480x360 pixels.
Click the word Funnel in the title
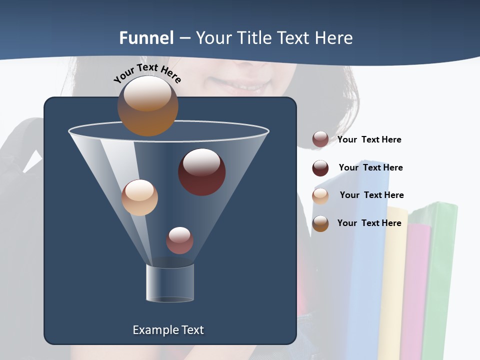point(146,38)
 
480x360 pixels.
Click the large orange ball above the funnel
point(147,105)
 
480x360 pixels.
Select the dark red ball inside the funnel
point(201,172)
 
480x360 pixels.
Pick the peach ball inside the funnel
point(139,197)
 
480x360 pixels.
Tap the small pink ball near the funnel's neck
point(179,240)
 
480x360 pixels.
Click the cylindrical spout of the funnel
point(170,283)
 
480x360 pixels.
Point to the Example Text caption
point(168,330)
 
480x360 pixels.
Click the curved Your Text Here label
point(147,73)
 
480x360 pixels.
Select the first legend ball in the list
point(320,139)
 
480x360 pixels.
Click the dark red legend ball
point(320,168)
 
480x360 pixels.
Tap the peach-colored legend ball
point(320,196)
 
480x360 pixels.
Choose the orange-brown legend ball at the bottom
point(320,223)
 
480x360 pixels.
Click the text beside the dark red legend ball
point(370,167)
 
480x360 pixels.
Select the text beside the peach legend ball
point(371,195)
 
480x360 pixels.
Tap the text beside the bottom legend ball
point(369,223)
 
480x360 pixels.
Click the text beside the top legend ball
point(369,139)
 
